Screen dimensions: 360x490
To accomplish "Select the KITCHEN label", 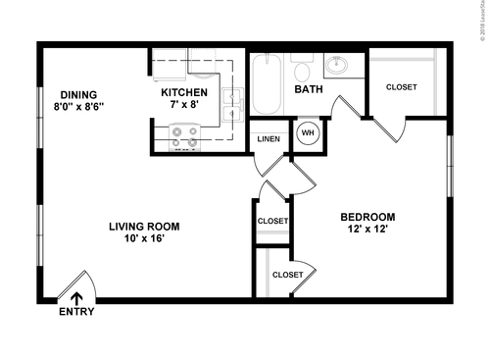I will (186, 93).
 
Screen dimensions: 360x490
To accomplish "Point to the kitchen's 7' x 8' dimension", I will (186, 107).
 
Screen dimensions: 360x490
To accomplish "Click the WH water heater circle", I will (307, 132).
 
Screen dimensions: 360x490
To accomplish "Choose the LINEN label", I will (268, 138).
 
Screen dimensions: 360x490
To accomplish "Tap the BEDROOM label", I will (367, 217).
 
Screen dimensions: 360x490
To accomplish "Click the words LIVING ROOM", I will (144, 226).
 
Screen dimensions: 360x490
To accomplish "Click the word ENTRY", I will (77, 313).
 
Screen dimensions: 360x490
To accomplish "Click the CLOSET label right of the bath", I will (401, 87).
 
